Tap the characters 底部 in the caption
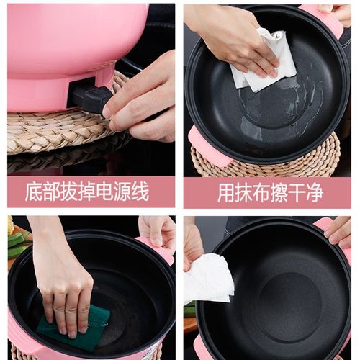[40, 192]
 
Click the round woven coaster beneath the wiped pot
[317, 158]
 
